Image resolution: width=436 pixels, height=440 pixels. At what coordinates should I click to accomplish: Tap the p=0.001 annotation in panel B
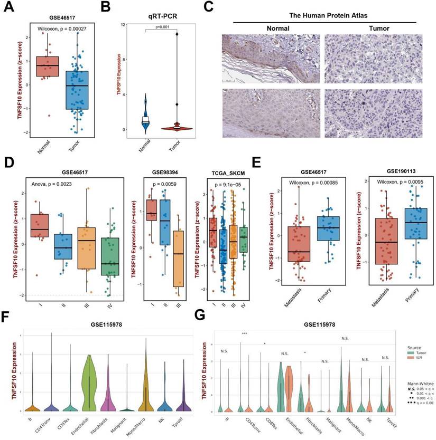tap(162, 27)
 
